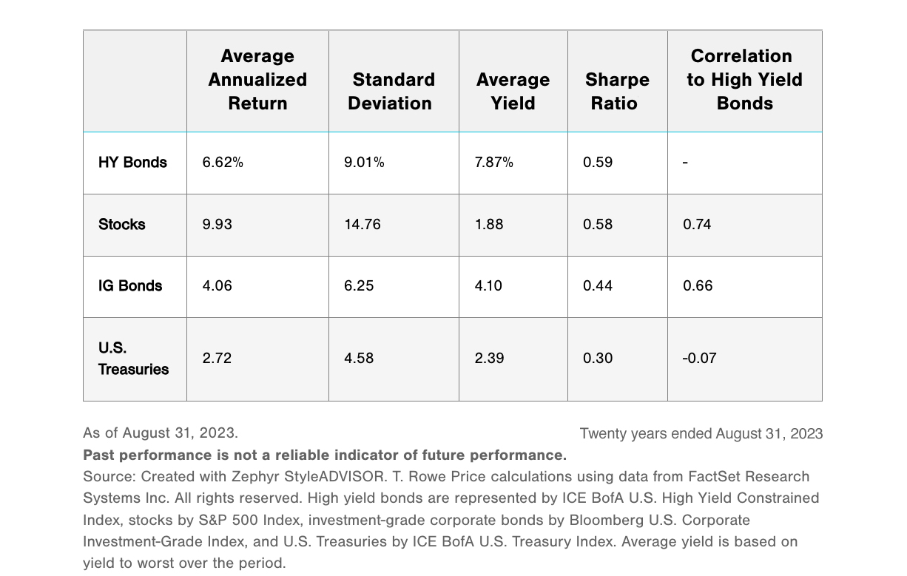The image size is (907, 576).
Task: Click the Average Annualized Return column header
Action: point(257,80)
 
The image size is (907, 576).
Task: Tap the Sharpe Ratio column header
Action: point(617,92)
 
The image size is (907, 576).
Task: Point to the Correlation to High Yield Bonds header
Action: point(744,80)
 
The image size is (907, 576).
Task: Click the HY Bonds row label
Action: point(132,163)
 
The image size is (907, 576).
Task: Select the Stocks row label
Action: point(122,225)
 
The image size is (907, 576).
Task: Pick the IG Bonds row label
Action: point(130,286)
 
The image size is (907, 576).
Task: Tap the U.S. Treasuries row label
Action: point(133,359)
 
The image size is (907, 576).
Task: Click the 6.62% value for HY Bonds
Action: point(223,163)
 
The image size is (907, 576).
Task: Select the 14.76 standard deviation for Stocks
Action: point(363,225)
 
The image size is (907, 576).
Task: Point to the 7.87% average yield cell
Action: point(493,163)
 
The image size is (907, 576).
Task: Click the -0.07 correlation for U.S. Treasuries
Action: point(699,359)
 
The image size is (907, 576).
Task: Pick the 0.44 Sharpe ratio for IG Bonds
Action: point(598,286)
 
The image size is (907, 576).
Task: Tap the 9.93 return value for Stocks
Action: point(217,225)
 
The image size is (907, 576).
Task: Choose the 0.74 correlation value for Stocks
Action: point(697,225)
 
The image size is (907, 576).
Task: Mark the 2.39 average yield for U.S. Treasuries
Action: point(489,359)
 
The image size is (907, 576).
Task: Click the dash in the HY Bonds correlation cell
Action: point(685,163)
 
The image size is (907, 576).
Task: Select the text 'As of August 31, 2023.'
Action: point(161,433)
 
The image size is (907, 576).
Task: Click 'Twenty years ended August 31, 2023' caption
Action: point(701,434)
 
